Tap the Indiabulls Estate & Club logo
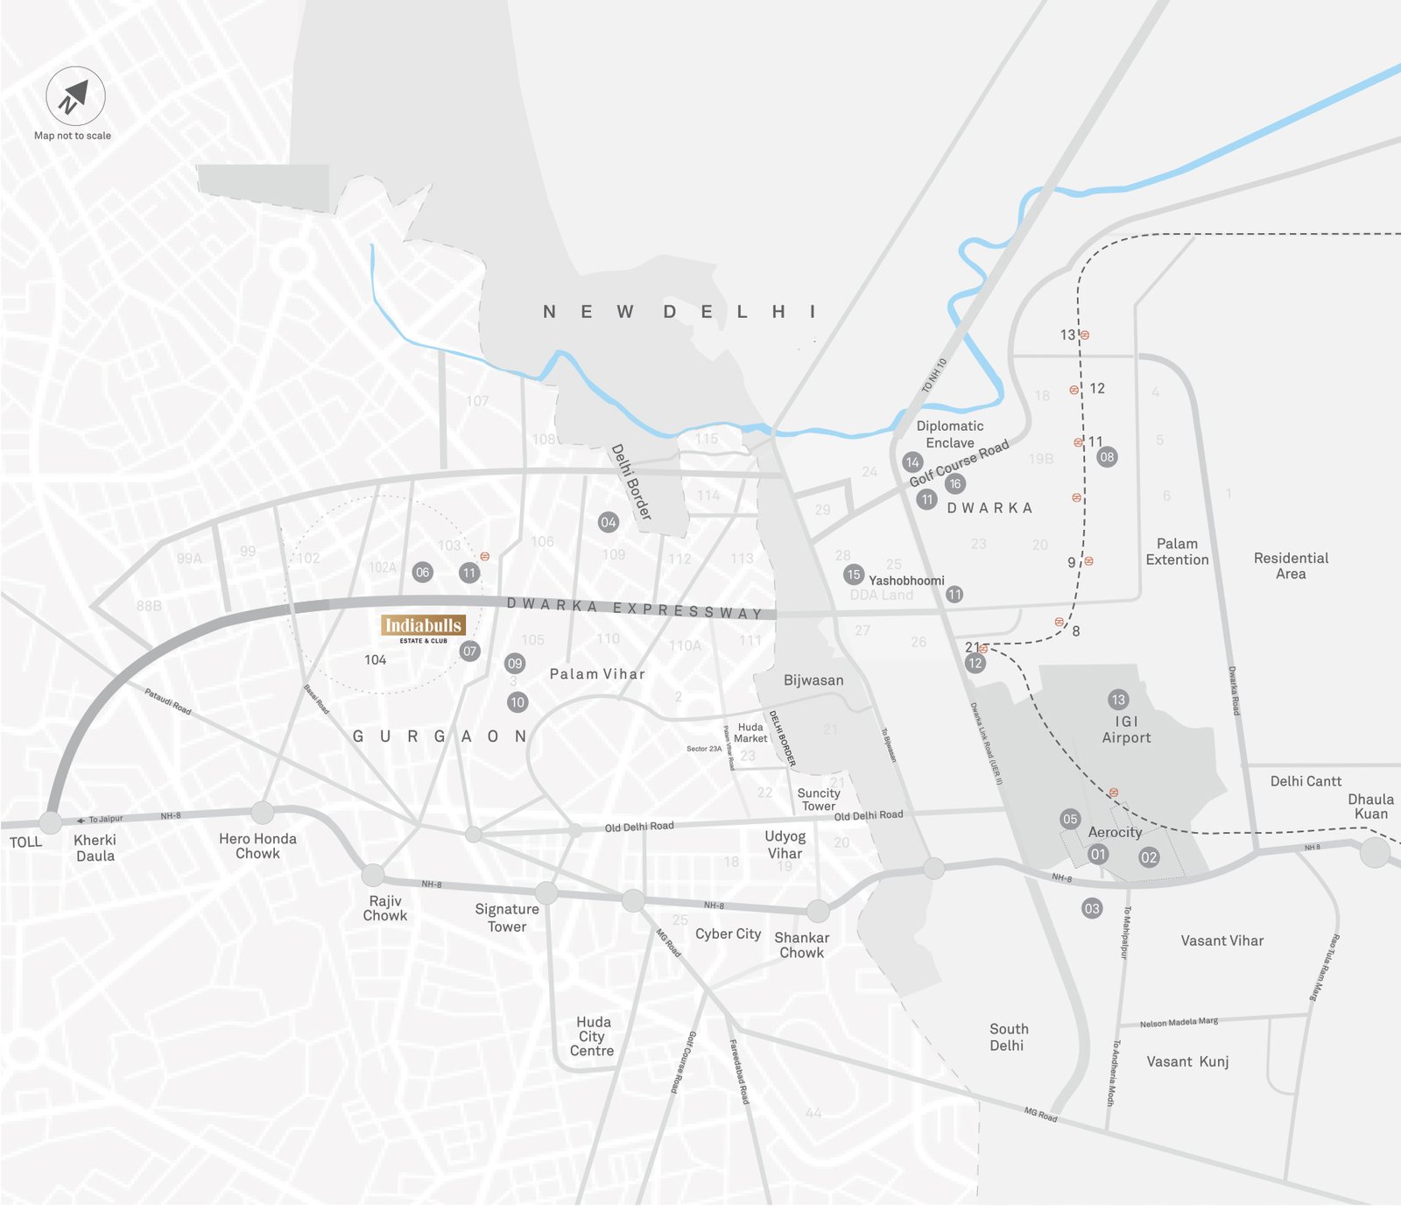(423, 627)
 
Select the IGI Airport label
(1126, 729)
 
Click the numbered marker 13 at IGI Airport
(1117, 700)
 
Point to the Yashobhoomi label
(906, 581)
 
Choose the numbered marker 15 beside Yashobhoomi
(853, 574)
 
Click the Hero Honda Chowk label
(257, 846)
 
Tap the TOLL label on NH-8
(25, 842)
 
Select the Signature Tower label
(507, 918)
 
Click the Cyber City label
(728, 934)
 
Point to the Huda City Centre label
(593, 1037)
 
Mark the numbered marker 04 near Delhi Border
(608, 523)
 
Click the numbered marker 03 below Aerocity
(1091, 909)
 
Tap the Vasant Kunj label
(1187, 1062)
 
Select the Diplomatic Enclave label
(950, 434)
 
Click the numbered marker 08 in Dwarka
(1107, 457)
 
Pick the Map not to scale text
(73, 136)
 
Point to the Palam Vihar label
(597, 674)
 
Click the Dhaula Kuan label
(1370, 807)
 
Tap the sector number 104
(375, 660)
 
